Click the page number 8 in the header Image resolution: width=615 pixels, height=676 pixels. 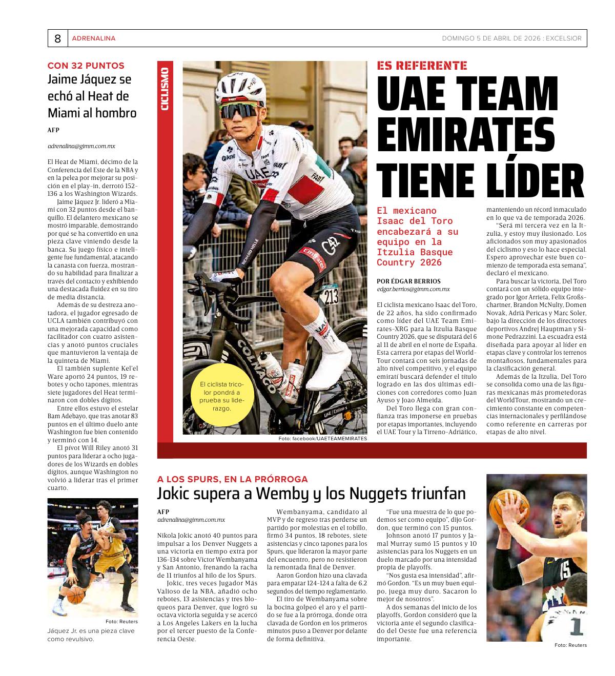(57, 38)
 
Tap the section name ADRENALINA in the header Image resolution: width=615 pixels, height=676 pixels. (94, 38)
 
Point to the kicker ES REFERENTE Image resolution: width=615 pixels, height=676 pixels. (422, 66)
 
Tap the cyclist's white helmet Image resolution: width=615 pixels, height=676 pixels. (240, 82)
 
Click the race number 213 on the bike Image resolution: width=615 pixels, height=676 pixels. (331, 296)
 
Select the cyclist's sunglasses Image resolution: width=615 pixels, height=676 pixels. (240, 110)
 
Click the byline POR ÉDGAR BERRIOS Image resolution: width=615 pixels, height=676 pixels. (408, 281)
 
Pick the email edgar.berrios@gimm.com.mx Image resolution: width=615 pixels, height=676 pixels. (413, 290)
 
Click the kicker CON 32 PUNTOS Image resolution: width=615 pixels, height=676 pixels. (86, 66)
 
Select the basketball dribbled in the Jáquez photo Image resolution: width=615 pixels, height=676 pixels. (75, 595)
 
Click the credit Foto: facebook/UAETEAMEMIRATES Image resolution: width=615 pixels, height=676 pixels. (323, 439)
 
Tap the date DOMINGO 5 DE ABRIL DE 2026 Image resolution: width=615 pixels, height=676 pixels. (491, 38)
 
